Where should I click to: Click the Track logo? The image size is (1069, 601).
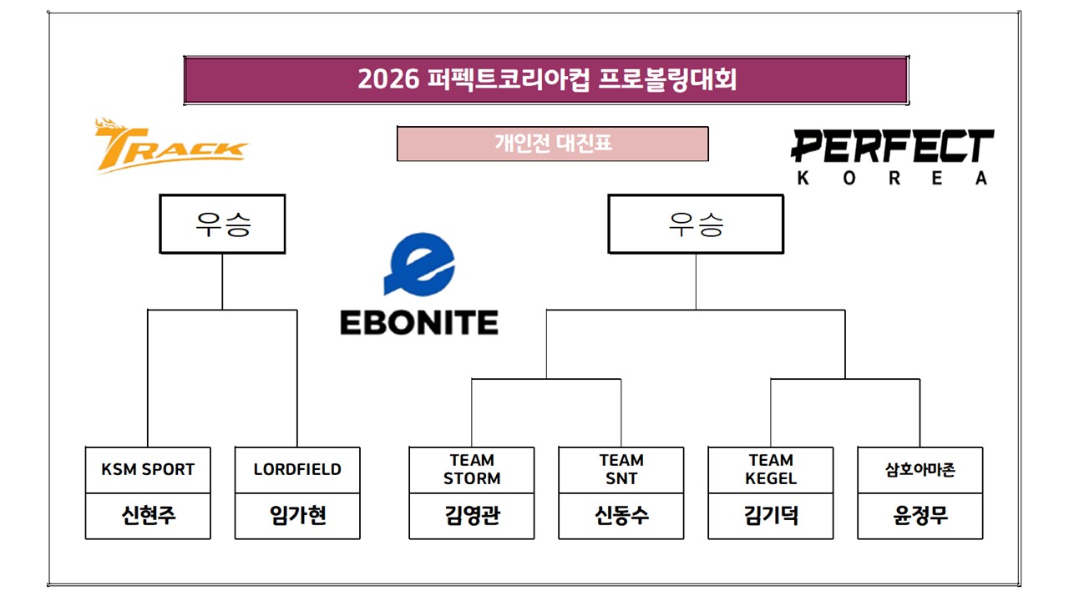170,147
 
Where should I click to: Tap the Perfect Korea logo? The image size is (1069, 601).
892,156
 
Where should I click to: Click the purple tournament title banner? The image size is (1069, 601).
546,80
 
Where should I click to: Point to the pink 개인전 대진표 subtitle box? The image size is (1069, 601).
553,144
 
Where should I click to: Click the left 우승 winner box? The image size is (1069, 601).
222,224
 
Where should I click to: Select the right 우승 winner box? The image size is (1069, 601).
696,224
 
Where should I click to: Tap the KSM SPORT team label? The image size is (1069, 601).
148,470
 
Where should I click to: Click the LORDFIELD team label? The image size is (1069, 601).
297,470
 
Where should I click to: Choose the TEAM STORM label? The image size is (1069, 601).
472,470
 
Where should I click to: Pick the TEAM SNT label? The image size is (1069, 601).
621,470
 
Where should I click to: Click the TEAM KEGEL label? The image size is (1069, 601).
771,470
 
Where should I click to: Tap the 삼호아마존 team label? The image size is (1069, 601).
920,470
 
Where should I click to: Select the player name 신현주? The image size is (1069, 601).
148,516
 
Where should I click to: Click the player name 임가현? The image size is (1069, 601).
297,516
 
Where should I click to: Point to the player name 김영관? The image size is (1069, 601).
472,516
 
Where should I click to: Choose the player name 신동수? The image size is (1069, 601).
621,516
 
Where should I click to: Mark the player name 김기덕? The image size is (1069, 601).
771,516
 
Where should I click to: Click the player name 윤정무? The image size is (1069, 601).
920,516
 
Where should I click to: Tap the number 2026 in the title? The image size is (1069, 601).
387,80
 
